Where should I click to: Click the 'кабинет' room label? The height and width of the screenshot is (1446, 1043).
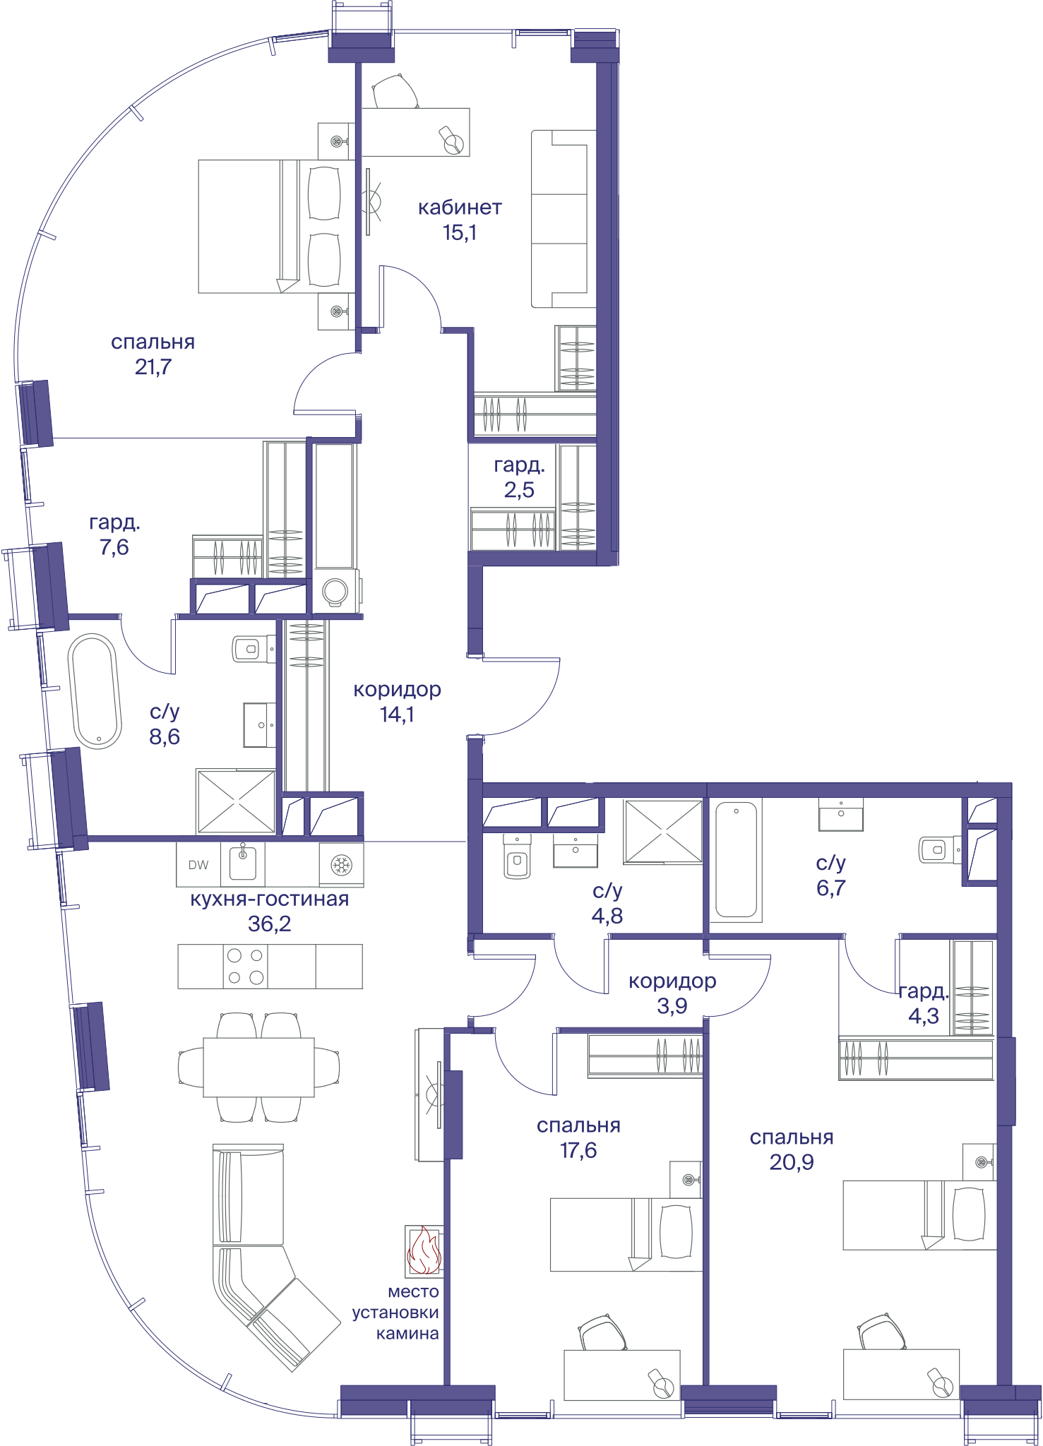click(460, 208)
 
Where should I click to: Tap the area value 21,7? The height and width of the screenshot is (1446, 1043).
click(153, 367)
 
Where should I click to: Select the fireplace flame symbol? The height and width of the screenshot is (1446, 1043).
click(424, 1251)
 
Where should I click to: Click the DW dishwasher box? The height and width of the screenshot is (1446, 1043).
click(198, 865)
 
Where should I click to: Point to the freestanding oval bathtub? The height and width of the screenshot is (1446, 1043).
click(95, 691)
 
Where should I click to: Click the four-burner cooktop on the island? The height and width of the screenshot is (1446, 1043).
click(246, 967)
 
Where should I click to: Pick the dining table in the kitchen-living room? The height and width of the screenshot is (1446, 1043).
click(258, 1067)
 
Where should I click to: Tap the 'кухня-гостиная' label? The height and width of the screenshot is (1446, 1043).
click(270, 900)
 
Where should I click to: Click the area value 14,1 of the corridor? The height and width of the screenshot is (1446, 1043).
click(397, 715)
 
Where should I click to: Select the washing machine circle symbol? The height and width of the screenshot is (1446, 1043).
click(335, 591)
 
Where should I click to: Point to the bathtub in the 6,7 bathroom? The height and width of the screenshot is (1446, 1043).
click(736, 860)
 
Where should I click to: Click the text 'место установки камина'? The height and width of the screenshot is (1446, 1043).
click(396, 1313)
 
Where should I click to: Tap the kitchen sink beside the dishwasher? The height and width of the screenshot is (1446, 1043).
click(242, 863)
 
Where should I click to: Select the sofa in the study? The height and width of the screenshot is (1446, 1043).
click(563, 219)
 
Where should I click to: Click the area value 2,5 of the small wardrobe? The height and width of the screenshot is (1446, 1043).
click(519, 490)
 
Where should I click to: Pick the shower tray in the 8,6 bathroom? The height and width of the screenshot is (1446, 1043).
click(236, 801)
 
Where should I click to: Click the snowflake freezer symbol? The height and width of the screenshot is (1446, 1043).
click(342, 865)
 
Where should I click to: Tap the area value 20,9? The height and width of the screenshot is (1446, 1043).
click(792, 1162)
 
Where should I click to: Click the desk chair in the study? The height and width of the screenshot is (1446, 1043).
click(395, 91)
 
